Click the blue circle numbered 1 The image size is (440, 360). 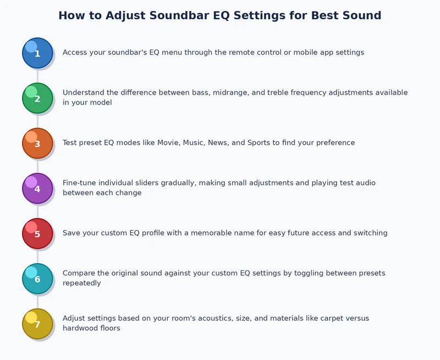pos(37,53)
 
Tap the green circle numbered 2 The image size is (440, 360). pos(37,98)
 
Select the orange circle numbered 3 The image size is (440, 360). pos(37,143)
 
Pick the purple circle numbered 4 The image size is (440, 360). pos(37,188)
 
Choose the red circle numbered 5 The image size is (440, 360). pos(37,233)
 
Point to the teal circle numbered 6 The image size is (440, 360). pos(37,279)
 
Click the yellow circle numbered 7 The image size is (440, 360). pos(37,324)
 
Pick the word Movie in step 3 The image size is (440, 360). pos(169,143)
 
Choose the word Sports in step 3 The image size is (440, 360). pos(260,143)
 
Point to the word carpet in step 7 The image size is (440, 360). pos(323,318)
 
